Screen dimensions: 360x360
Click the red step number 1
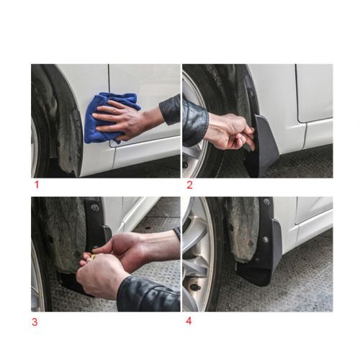point(35,185)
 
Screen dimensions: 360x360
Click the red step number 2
point(189,185)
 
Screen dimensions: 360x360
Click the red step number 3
point(35,322)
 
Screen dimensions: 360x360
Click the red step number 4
point(189,321)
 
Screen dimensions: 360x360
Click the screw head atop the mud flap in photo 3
point(94,208)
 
